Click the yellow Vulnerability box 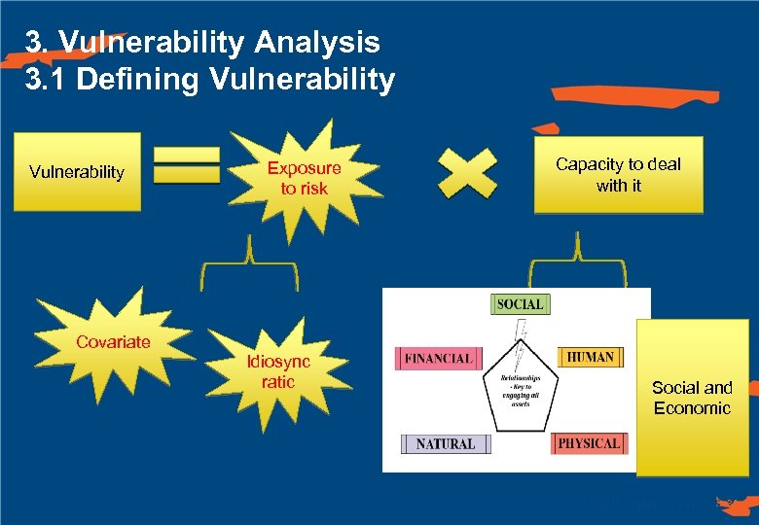click(77, 172)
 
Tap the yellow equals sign click(187, 165)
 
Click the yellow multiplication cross click(466, 173)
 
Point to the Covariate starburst click(113, 341)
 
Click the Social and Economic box click(692, 398)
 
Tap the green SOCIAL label click(520, 303)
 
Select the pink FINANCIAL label click(438, 358)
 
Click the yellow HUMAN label click(590, 357)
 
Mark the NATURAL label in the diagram click(446, 443)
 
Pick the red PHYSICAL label click(589, 443)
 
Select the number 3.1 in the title click(46, 79)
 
